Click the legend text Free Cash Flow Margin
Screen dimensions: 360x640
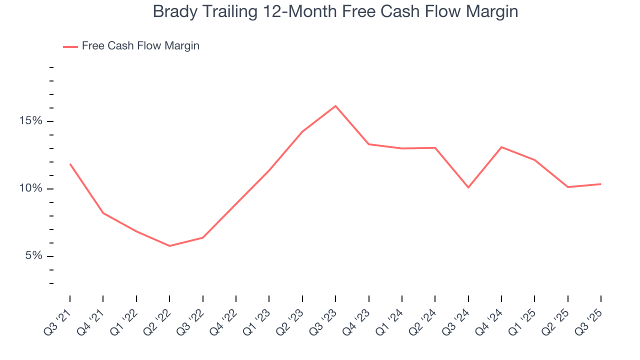pos(140,46)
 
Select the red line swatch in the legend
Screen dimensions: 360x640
pos(70,46)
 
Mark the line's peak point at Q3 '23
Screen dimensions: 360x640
pos(335,106)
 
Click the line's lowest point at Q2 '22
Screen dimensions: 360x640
pos(169,246)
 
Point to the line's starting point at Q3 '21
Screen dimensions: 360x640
pos(70,164)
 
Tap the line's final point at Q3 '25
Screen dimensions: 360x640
pos(600,184)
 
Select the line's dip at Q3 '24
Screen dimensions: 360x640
pos(468,187)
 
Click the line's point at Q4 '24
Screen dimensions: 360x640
pos(501,147)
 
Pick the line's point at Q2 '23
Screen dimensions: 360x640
pos(302,132)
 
